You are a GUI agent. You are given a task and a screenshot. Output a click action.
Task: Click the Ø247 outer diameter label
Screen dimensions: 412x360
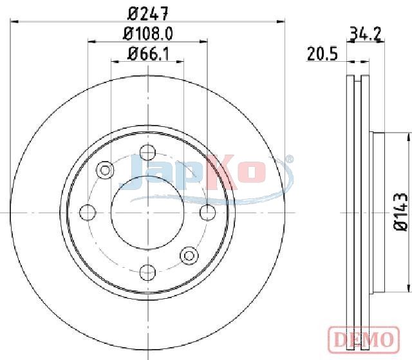147,14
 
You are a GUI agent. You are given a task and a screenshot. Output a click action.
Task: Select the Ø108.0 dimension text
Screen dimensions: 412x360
148,34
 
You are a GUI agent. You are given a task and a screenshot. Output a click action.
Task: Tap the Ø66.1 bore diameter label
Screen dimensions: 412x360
149,54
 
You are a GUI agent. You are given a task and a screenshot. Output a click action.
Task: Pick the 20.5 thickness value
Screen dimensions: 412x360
322,54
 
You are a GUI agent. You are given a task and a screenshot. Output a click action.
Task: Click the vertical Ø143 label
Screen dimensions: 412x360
400,212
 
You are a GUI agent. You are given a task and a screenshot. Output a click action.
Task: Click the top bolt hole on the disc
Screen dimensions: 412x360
147,153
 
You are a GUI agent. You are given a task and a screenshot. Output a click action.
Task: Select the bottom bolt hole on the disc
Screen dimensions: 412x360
147,272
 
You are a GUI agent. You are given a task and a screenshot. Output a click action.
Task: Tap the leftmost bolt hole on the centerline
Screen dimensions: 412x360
88,213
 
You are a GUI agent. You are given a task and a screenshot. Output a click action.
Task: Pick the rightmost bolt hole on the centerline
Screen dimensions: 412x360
207,213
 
